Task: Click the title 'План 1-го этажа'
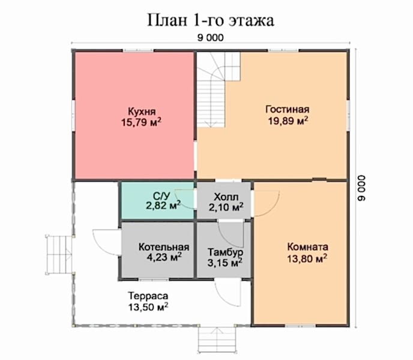pos(211,20)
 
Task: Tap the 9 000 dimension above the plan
pos(211,38)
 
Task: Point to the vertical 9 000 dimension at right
pos(361,188)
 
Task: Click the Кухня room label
pos(142,111)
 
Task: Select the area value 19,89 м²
pos(288,121)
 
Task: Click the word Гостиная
pos(288,109)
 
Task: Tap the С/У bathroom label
pos(161,196)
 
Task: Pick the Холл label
pos(226,197)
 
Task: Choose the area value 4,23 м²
pos(164,257)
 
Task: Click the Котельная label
pos(164,247)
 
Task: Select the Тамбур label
pos(225,252)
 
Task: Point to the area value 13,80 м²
pos(307,258)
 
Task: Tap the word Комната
pos(307,247)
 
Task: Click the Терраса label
pos(148,296)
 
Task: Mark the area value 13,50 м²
pos(148,307)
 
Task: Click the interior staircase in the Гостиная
pos(218,89)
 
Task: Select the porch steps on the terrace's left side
pos(58,254)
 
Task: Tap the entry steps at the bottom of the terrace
pos(217,340)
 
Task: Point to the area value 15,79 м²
pos(141,123)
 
